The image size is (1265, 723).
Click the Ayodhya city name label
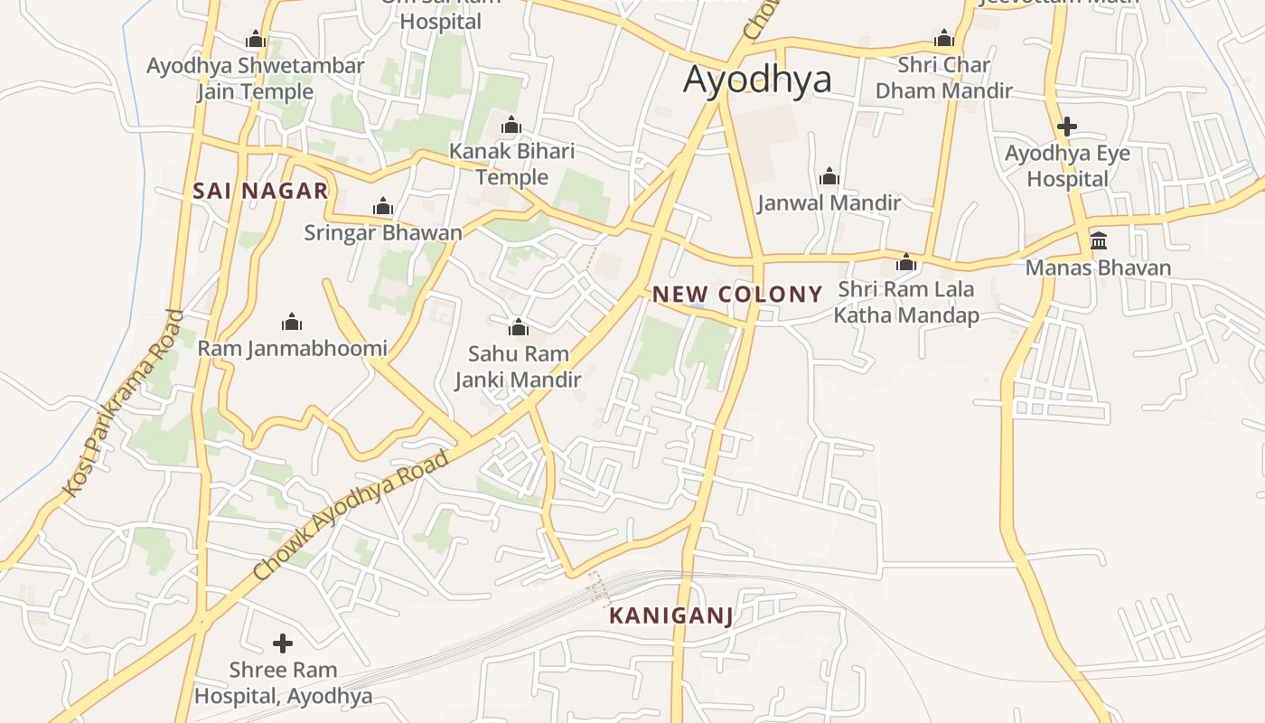(x=757, y=80)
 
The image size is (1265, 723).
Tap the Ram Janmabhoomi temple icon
(x=292, y=322)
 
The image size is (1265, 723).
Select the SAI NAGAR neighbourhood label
(x=260, y=191)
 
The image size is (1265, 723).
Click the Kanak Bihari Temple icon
(x=511, y=125)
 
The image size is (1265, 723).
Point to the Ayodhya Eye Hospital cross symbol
(x=1067, y=127)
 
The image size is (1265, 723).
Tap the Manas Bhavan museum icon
(x=1099, y=240)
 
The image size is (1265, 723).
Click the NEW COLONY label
(x=737, y=294)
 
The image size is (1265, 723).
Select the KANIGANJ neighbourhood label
(x=670, y=616)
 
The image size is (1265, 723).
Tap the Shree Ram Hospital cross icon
(x=283, y=643)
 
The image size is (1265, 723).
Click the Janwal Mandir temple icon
(x=829, y=176)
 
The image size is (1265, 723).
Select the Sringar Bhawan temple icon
(x=383, y=207)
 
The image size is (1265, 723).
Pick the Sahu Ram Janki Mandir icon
(x=518, y=326)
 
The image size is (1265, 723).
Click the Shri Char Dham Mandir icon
(x=944, y=39)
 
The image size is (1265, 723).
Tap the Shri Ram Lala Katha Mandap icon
(x=906, y=263)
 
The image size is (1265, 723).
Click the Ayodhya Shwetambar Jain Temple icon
(x=256, y=40)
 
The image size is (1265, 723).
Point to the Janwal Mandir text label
(x=829, y=202)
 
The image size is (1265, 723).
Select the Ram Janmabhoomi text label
(x=292, y=348)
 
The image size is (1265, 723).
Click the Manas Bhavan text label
(x=1098, y=268)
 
